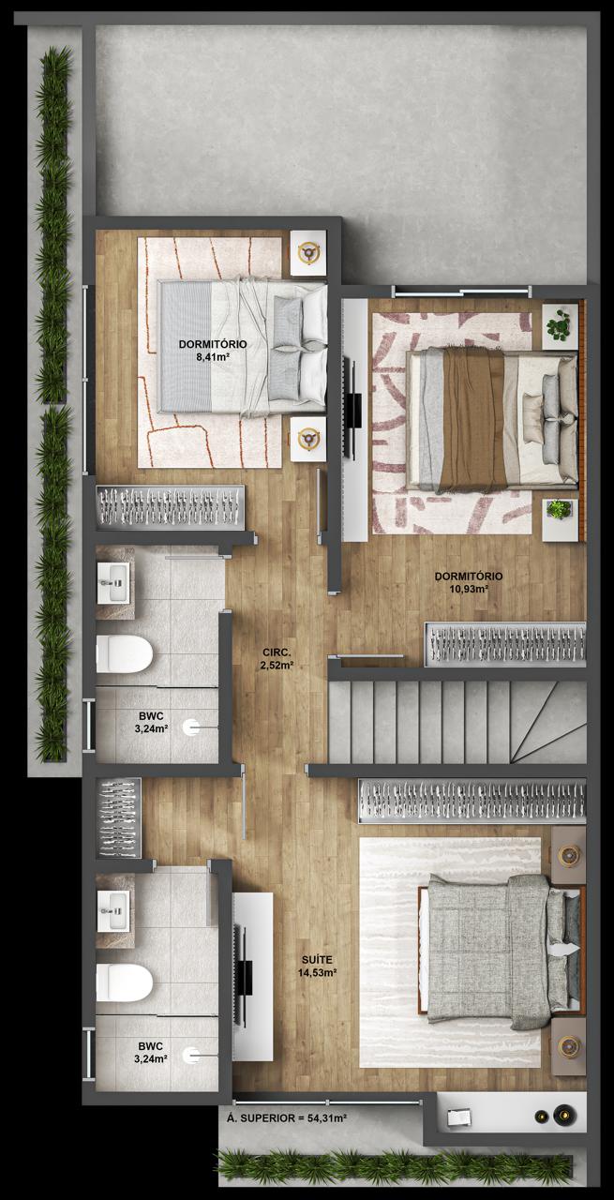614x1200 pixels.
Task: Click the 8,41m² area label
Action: (213, 354)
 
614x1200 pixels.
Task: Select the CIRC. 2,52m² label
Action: (277, 659)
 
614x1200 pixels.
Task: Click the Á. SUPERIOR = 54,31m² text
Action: (287, 1118)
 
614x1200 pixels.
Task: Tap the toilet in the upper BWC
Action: (125, 653)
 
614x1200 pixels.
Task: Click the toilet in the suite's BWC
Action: (125, 982)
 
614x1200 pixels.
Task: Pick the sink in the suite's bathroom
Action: (113, 910)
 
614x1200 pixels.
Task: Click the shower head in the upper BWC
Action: (191, 727)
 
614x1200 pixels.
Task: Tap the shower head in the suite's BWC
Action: (191, 1056)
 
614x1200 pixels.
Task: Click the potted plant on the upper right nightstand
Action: (560, 325)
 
